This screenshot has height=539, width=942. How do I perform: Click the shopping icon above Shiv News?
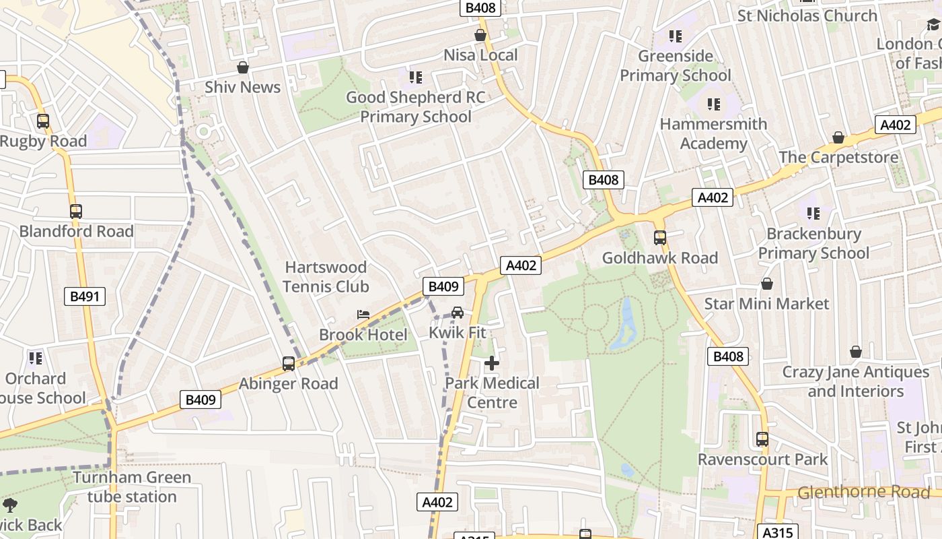coord(243,67)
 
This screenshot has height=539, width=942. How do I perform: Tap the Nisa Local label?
coord(480,55)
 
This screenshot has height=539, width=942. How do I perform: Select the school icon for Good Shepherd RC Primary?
coord(416,77)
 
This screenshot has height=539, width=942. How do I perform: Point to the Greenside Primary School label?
coord(675,65)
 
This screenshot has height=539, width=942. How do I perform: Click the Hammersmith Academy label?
coord(713,133)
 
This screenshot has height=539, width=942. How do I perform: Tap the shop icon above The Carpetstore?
coord(838,137)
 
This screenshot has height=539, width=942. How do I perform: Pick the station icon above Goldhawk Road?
coord(660,238)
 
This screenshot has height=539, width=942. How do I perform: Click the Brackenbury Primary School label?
coord(813,243)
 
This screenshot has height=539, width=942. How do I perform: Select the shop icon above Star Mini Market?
coord(766,284)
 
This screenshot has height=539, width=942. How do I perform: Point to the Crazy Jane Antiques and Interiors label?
coord(855,381)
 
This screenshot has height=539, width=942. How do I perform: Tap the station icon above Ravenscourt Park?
coord(762,439)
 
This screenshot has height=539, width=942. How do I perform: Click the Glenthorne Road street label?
coord(863,493)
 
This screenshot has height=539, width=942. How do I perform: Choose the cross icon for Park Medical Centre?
coord(492,364)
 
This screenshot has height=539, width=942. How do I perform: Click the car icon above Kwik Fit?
coord(458,313)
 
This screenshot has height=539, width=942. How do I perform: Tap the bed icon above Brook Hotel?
coord(363,315)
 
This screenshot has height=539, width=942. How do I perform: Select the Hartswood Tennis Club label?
coord(326,277)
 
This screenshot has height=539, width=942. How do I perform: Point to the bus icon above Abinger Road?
coord(289,364)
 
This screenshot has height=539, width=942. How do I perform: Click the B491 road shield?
coord(85,296)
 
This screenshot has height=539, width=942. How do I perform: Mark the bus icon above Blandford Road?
coord(76,212)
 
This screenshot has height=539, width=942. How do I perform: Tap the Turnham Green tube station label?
coord(132,487)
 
